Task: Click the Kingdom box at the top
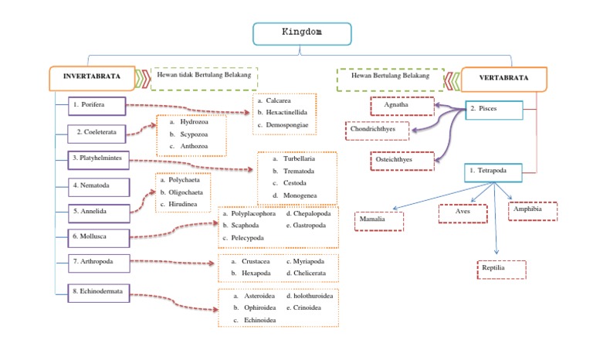(x=302, y=34)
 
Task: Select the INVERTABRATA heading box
(x=92, y=78)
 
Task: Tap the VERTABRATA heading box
(x=503, y=79)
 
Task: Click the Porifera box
(x=97, y=106)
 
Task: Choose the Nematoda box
(x=99, y=187)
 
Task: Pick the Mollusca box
(x=99, y=238)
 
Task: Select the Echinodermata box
(x=99, y=293)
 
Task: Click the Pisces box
(x=494, y=110)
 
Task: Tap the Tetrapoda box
(x=493, y=172)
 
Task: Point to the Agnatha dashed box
(x=402, y=106)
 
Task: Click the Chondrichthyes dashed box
(x=377, y=131)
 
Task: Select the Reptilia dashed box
(x=501, y=270)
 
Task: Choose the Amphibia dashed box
(x=533, y=211)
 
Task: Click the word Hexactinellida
(x=286, y=113)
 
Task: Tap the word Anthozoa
(x=194, y=146)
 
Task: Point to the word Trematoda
(x=299, y=171)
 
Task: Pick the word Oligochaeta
(x=185, y=192)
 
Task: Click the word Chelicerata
(x=310, y=273)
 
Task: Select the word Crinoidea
(x=307, y=307)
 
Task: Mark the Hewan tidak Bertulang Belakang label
(x=204, y=75)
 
